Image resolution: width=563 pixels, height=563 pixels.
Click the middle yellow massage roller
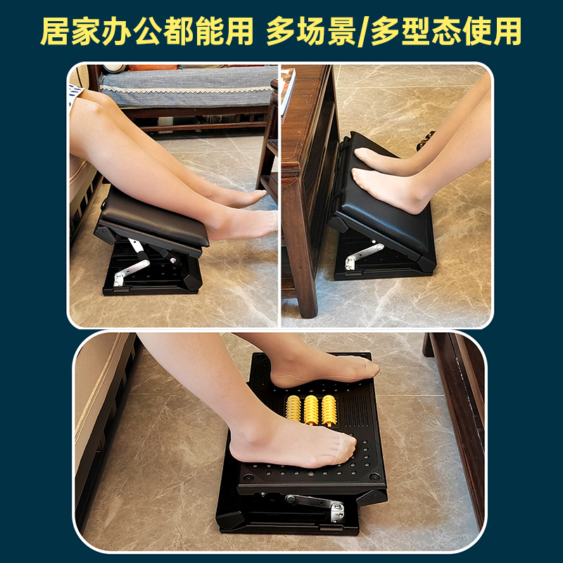click(x=311, y=410)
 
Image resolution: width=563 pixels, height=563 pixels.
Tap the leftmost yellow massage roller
click(x=293, y=411)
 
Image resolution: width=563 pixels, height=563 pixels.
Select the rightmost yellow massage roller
click(x=329, y=410)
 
